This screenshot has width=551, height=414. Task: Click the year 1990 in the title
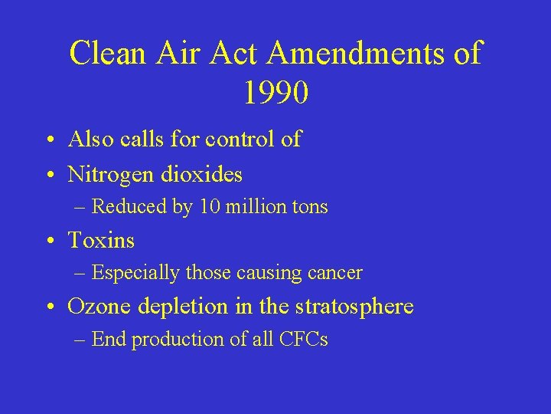point(276,92)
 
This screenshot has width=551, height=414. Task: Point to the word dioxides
point(202,175)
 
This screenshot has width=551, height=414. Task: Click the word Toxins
point(101,241)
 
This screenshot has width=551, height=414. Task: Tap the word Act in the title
point(240,53)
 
